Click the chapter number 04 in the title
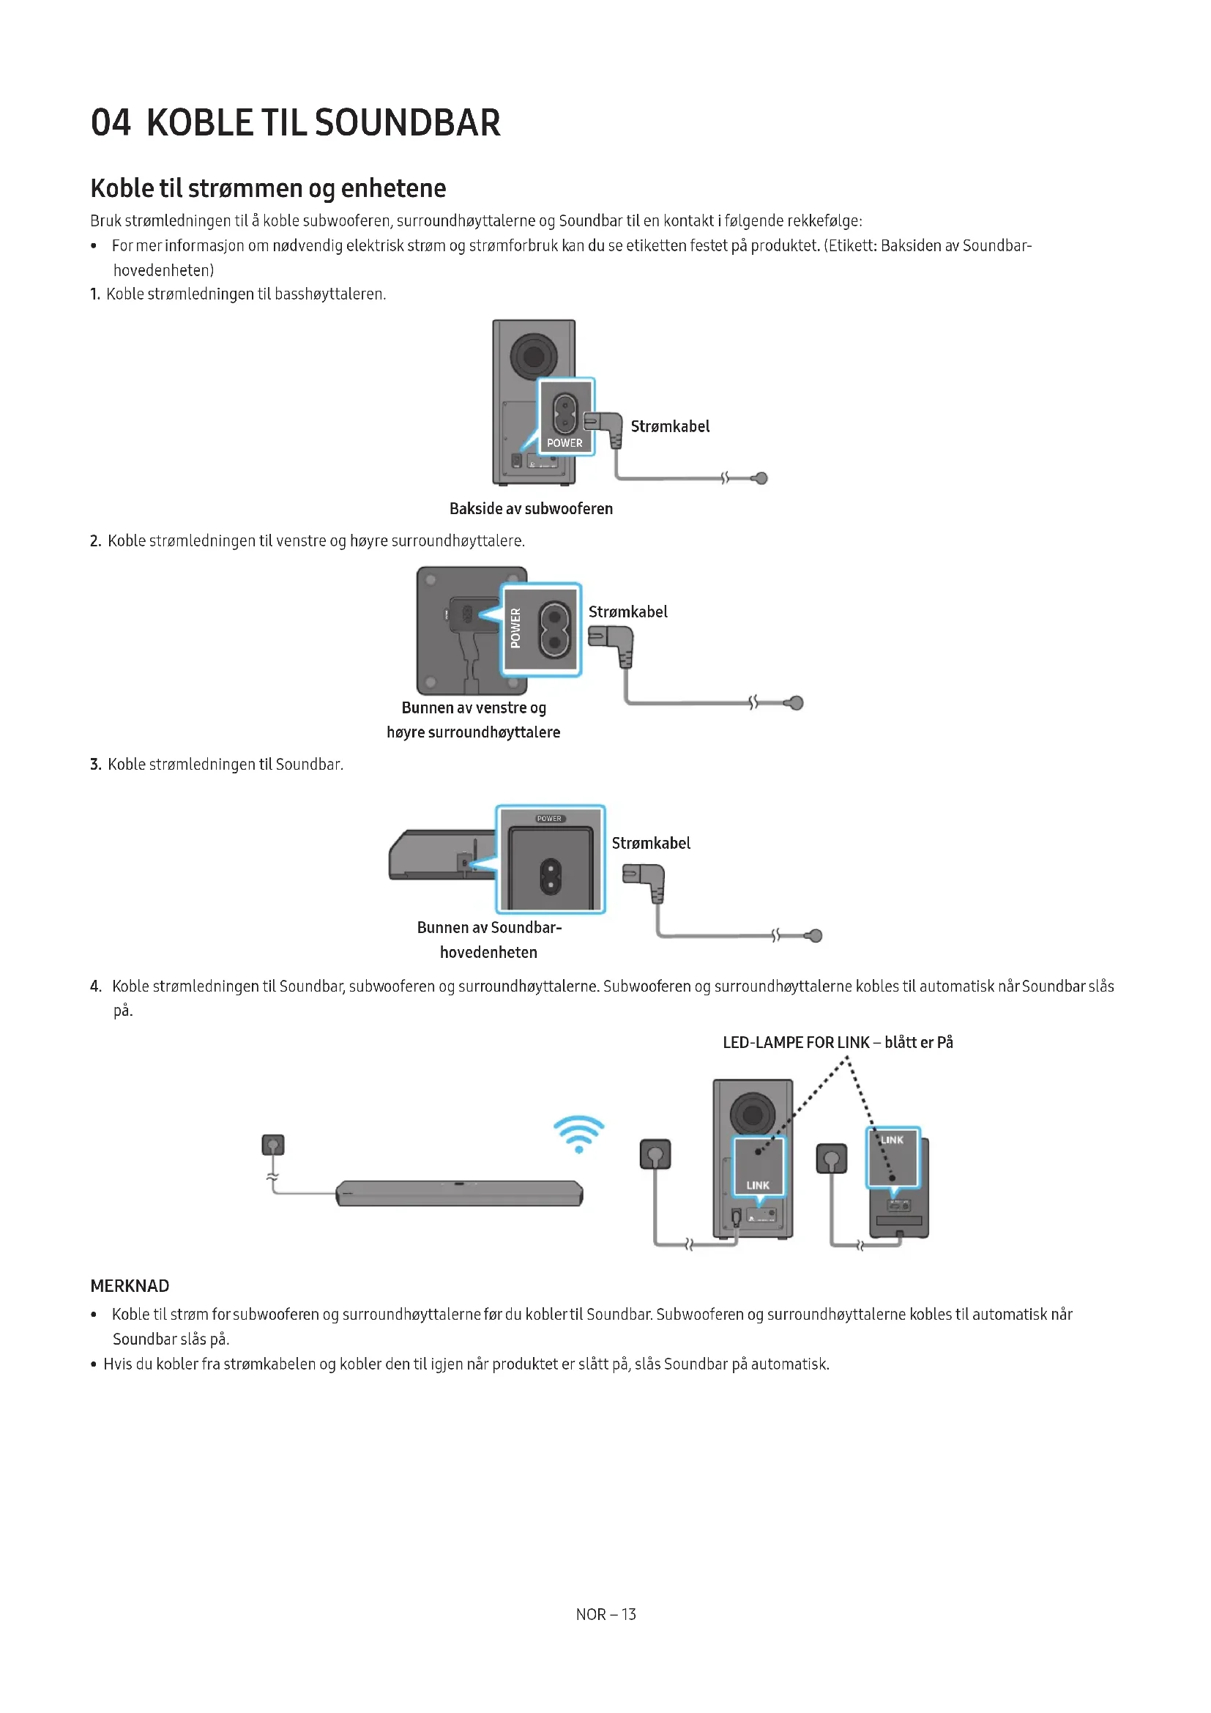pyautogui.click(x=111, y=122)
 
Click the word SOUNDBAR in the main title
pyautogui.click(x=407, y=122)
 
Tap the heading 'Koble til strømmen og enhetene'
pyautogui.click(x=268, y=188)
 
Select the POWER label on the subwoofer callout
pyautogui.click(x=564, y=442)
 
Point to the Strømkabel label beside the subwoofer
pyautogui.click(x=670, y=426)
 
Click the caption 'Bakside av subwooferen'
pyautogui.click(x=531, y=509)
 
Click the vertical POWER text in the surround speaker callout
pyautogui.click(x=515, y=628)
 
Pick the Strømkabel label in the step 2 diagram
pyautogui.click(x=628, y=612)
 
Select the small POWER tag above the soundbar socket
pyautogui.click(x=550, y=819)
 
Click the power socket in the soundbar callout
pyautogui.click(x=551, y=877)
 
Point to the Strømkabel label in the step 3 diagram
pyautogui.click(x=651, y=843)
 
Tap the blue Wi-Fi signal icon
pyautogui.click(x=578, y=1133)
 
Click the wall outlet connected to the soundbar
pyautogui.click(x=274, y=1145)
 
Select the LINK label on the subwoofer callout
pyautogui.click(x=758, y=1185)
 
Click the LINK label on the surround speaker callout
pyautogui.click(x=892, y=1140)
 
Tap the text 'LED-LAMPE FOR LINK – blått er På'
pyautogui.click(x=838, y=1042)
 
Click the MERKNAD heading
pyautogui.click(x=130, y=1285)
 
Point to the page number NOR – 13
pyautogui.click(x=605, y=1614)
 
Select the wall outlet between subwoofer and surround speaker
pyautogui.click(x=832, y=1159)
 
